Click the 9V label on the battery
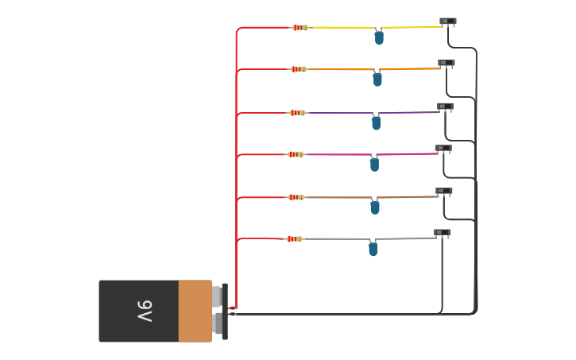click(x=144, y=311)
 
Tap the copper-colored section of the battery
click(x=195, y=311)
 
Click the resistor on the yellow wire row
click(x=300, y=28)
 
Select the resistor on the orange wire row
click(x=299, y=69)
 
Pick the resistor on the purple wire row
click(x=297, y=113)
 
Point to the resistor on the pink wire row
click(x=296, y=154)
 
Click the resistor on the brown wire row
click(x=296, y=197)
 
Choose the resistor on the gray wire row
click(x=294, y=238)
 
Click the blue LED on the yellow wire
click(x=379, y=37)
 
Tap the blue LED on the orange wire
click(x=377, y=79)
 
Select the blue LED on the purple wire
click(x=376, y=122)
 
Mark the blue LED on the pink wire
click(x=374, y=165)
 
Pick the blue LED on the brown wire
click(x=375, y=207)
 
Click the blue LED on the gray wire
click(x=373, y=249)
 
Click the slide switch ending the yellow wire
click(x=448, y=21)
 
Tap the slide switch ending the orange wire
click(x=446, y=63)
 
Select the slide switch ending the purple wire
click(x=445, y=106)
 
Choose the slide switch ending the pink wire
click(x=443, y=149)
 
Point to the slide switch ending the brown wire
click(x=444, y=192)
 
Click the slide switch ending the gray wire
click(x=443, y=233)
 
